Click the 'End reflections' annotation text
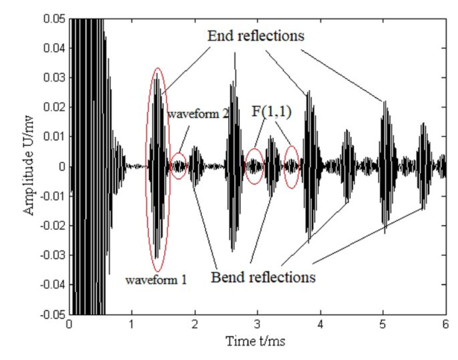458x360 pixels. pos(255,37)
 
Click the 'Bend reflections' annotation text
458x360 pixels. pos(263,277)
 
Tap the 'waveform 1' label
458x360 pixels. pos(156,279)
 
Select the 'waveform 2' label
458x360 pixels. pos(198,114)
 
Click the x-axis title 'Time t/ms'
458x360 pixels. pos(256,340)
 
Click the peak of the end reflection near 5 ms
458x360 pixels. pos(385,102)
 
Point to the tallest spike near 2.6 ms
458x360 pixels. pos(234,54)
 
